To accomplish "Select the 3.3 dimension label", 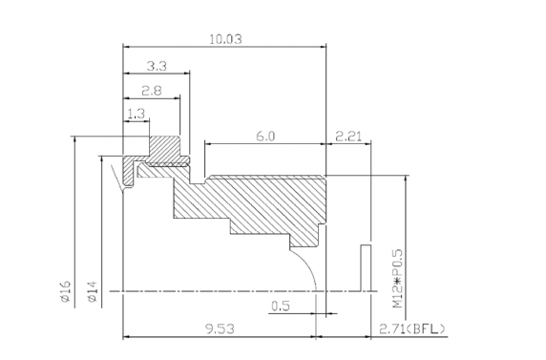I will coord(158,66).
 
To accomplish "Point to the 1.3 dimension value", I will coord(136,114).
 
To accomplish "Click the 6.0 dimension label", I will coord(264,137).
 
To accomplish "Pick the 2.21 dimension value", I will coord(347,137).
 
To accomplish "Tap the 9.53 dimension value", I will coord(220,329).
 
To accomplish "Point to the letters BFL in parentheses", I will coord(426,329).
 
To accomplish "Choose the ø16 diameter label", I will coord(66,290).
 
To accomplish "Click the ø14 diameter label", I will coord(92,290).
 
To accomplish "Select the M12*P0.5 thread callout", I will coord(398,278).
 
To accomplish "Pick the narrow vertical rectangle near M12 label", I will coord(365,266).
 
